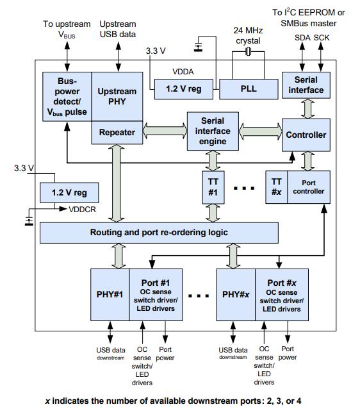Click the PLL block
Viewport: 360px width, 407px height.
coord(249,89)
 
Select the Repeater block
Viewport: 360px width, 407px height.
coord(117,133)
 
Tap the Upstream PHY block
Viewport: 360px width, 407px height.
coord(117,97)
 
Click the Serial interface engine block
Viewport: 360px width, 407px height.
coord(213,131)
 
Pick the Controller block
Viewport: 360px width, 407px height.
coord(306,135)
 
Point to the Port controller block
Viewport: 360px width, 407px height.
coord(309,187)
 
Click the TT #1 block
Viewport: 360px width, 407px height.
coord(213,187)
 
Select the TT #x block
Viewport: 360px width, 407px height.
coord(277,187)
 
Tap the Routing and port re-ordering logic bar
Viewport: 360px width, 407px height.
coord(159,233)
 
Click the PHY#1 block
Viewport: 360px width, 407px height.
coord(110,295)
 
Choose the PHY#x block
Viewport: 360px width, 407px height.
coord(236,295)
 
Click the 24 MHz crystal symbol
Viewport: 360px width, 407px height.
coord(248,52)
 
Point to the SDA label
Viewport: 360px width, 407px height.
coord(302,38)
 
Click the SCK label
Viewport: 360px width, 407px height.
coord(322,38)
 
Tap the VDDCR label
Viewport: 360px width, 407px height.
coord(82,209)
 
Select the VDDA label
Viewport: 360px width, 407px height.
coord(183,72)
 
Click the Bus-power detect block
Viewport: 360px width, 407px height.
coord(67,97)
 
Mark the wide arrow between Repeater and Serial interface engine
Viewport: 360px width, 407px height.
coord(165,131)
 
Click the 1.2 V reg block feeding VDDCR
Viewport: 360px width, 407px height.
coord(69,192)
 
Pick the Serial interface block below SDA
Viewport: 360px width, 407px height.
coord(306,85)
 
